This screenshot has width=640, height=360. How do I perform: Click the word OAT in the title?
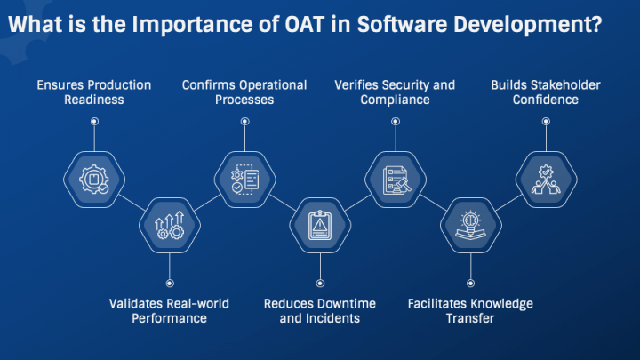pos(304,24)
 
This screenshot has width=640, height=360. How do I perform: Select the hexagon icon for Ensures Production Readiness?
pos(94,180)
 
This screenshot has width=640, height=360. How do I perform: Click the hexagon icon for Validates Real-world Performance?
pos(170,225)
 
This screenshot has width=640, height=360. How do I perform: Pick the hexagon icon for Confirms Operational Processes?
pos(245,180)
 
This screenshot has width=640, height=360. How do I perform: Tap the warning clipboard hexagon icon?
pos(320,225)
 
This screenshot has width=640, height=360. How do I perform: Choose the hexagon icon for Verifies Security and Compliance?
pos(396,180)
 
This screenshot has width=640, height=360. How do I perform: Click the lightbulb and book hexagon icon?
pos(470,225)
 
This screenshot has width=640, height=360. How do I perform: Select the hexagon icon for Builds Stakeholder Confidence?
pos(546,180)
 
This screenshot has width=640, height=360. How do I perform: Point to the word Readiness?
pos(94,100)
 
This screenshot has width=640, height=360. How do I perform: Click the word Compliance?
pos(395,100)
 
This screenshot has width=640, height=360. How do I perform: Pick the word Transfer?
pos(470,318)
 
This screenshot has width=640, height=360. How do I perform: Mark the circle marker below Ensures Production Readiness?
pos(94,121)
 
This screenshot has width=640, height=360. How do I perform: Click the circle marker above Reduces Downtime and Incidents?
pos(320,284)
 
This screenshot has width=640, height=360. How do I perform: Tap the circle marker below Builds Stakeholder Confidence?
pos(546,121)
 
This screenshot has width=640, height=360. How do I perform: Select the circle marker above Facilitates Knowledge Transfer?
pos(470,284)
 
